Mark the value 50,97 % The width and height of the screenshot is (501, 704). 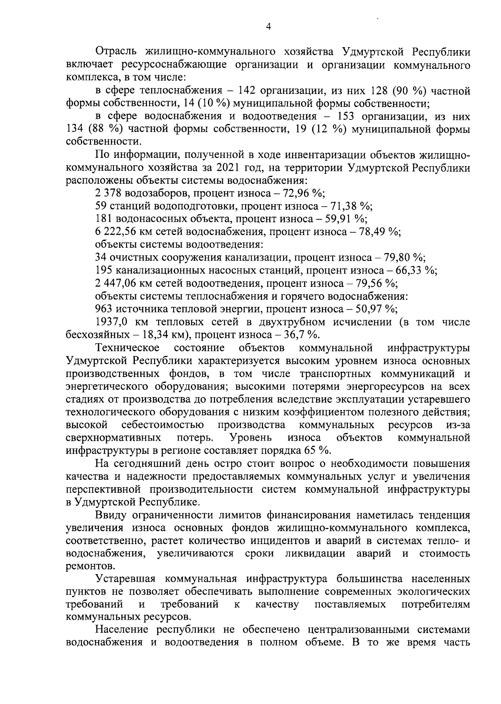(x=376, y=309)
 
